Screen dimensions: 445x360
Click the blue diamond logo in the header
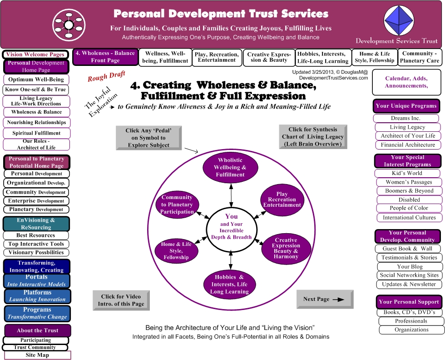tap(399, 21)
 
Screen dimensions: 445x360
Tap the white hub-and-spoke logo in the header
tap(69, 25)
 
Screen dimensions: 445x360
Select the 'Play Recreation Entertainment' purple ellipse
tap(282, 200)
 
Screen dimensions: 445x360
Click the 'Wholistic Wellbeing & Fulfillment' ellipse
tap(230, 168)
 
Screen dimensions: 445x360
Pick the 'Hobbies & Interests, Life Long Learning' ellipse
tap(230, 285)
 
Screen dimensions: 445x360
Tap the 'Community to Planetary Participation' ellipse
tap(177, 205)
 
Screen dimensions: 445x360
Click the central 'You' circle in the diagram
tap(231, 230)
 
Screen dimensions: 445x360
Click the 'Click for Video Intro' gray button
tap(121, 300)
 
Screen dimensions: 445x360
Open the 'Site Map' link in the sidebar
tap(37, 355)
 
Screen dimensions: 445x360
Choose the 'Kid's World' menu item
tap(407, 173)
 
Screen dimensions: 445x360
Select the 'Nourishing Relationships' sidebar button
tap(37, 122)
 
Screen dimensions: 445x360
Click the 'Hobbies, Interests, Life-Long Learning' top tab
tap(323, 57)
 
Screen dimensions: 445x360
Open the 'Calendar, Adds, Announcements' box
tap(406, 82)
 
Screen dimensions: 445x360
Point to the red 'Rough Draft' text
tap(106, 76)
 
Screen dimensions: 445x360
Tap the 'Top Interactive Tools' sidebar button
tap(36, 244)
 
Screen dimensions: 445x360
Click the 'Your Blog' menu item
tap(410, 267)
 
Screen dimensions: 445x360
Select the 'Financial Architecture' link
tap(408, 145)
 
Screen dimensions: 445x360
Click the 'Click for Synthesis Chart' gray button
tap(313, 137)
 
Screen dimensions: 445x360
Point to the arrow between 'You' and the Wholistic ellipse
tap(231, 195)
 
